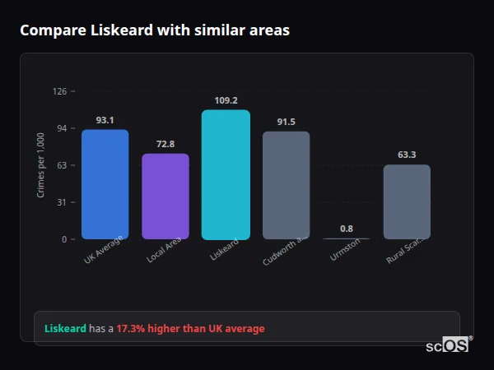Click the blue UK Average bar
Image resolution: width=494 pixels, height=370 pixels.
tap(105, 184)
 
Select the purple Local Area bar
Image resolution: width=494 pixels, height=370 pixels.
tap(165, 197)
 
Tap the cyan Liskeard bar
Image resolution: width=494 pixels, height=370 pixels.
tap(226, 174)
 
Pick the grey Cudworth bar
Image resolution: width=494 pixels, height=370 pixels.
tap(286, 185)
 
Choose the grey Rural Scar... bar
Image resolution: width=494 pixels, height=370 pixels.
tap(407, 201)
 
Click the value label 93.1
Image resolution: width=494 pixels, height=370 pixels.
tap(105, 120)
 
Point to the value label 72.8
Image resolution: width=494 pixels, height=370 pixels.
tap(165, 144)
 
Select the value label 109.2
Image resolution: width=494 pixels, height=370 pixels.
tap(226, 100)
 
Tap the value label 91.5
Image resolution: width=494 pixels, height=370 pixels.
tap(286, 122)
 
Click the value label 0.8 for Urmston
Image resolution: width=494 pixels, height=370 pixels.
tap(347, 229)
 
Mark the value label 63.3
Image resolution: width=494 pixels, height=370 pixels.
tap(407, 155)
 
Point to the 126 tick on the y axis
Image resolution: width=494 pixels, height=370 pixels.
tap(59, 91)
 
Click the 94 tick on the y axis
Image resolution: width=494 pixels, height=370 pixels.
tap(61, 128)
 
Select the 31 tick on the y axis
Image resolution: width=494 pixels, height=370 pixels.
tap(61, 202)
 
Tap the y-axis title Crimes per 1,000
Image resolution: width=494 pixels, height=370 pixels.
tap(40, 165)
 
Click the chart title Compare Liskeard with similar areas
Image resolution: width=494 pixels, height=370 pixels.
tap(155, 30)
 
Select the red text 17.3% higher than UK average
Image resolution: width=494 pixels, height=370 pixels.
tap(190, 329)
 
